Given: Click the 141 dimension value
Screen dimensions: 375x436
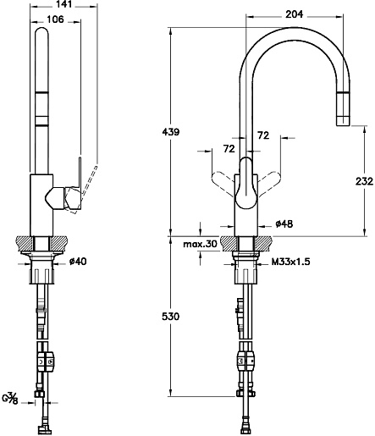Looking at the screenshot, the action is click(63, 4).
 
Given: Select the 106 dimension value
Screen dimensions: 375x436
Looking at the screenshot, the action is click(55, 19).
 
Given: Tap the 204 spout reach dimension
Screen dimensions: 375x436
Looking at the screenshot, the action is click(295, 14).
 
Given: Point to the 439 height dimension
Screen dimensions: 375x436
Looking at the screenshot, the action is click(171, 132).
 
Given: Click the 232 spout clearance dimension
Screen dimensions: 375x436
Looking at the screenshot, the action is click(364, 181).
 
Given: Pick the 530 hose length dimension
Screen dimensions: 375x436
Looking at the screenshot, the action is click(171, 317).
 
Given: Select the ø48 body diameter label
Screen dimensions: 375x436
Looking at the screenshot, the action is click(284, 224).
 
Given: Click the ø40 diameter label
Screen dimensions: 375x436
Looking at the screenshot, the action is click(78, 262).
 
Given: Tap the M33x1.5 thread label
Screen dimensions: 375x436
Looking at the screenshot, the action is click(291, 262).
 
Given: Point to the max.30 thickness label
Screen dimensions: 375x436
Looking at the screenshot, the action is click(200, 244).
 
